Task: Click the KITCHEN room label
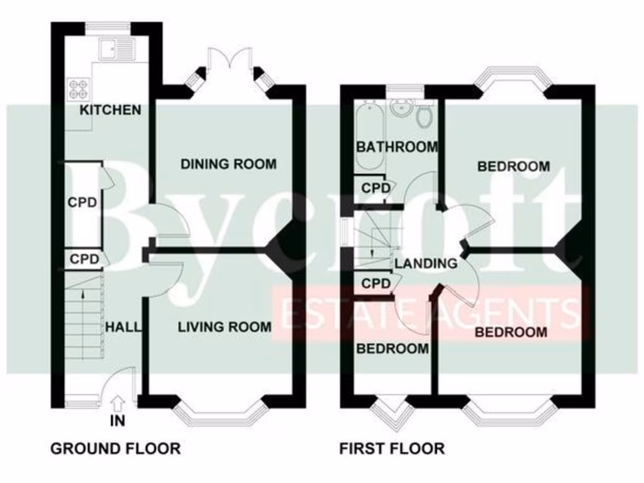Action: pos(110,110)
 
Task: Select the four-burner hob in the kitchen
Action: pos(78,88)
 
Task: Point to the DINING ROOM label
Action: pos(228,165)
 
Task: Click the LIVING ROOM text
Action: pos(225,327)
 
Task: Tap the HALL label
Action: pos(123,327)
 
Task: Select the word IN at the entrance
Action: pos(118,421)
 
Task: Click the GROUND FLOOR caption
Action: pos(115,448)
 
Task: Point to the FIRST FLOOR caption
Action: pos(392,448)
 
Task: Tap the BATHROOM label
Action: pos(396,147)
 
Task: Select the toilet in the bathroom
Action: pos(425,114)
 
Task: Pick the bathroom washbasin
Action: pos(399,108)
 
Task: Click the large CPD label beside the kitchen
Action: pos(82,203)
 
